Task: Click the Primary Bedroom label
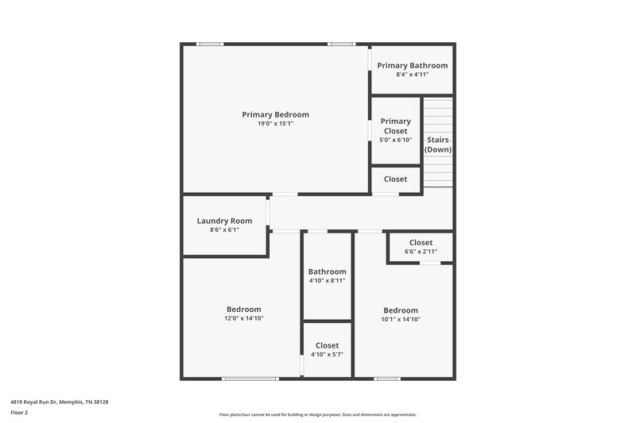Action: tap(275, 114)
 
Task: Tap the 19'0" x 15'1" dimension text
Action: tap(275, 124)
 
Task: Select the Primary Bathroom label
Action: tap(412, 65)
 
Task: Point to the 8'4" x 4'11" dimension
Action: tap(412, 75)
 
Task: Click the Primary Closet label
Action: tap(395, 126)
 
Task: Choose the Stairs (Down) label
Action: tap(438, 144)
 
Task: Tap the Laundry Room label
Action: tap(224, 221)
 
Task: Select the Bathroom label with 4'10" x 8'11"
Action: tap(327, 271)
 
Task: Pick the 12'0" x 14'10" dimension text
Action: tap(243, 318)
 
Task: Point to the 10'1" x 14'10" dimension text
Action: tap(401, 319)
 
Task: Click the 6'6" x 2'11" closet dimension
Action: tap(421, 252)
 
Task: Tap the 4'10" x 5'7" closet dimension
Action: tap(327, 355)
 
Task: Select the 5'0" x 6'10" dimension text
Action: tap(395, 140)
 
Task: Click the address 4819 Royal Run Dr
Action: tap(59, 402)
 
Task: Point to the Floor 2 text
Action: tap(20, 413)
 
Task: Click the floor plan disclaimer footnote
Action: tap(317, 414)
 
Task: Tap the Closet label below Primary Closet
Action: tap(395, 179)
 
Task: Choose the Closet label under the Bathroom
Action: tap(327, 345)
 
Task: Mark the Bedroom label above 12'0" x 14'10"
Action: tap(243, 309)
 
